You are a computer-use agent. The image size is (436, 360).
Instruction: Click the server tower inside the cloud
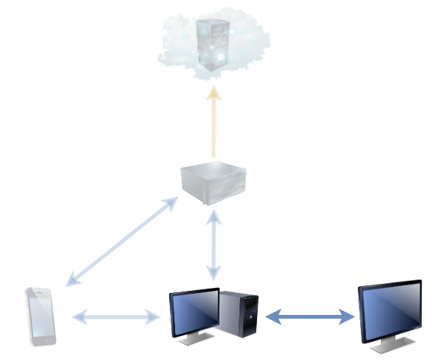click(211, 43)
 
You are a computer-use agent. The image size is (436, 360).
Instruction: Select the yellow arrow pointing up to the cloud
click(213, 124)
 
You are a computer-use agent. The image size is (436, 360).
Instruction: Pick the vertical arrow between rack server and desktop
click(214, 245)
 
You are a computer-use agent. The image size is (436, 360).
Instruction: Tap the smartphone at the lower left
click(41, 316)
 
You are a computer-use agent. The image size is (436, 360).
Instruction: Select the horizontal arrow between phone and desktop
click(117, 318)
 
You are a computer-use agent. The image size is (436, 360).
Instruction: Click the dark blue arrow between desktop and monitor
click(310, 317)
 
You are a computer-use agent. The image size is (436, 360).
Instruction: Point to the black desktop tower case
click(238, 314)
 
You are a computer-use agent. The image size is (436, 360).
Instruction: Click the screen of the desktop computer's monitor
click(194, 311)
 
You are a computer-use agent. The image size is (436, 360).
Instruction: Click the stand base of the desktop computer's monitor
click(195, 340)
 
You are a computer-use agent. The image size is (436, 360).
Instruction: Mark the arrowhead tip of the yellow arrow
click(213, 89)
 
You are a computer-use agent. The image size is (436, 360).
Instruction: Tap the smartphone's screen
click(41, 315)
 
